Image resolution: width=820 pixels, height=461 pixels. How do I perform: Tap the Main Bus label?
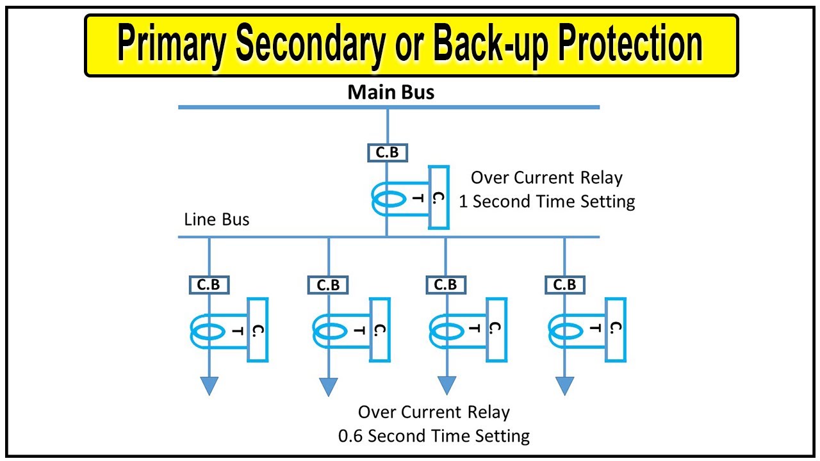391,92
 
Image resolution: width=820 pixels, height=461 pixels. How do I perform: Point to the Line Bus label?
217,220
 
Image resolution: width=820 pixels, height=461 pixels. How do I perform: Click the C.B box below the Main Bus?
388,153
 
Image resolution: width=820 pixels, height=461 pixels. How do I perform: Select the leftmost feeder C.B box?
209,285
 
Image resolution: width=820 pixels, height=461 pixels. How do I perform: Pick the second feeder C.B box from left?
328,285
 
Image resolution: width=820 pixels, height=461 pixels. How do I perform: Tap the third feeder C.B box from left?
446,285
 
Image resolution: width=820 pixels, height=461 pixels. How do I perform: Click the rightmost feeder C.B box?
564,285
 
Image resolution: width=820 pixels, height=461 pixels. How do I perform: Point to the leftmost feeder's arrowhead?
209,385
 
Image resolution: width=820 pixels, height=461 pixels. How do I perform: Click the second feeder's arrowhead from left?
328,386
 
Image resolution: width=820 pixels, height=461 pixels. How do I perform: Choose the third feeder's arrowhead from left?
447,385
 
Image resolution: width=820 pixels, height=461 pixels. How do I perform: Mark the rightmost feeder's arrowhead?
564,385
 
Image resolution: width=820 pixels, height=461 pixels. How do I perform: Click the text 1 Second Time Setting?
546,202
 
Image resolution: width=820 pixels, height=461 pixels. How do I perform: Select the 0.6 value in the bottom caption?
351,436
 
